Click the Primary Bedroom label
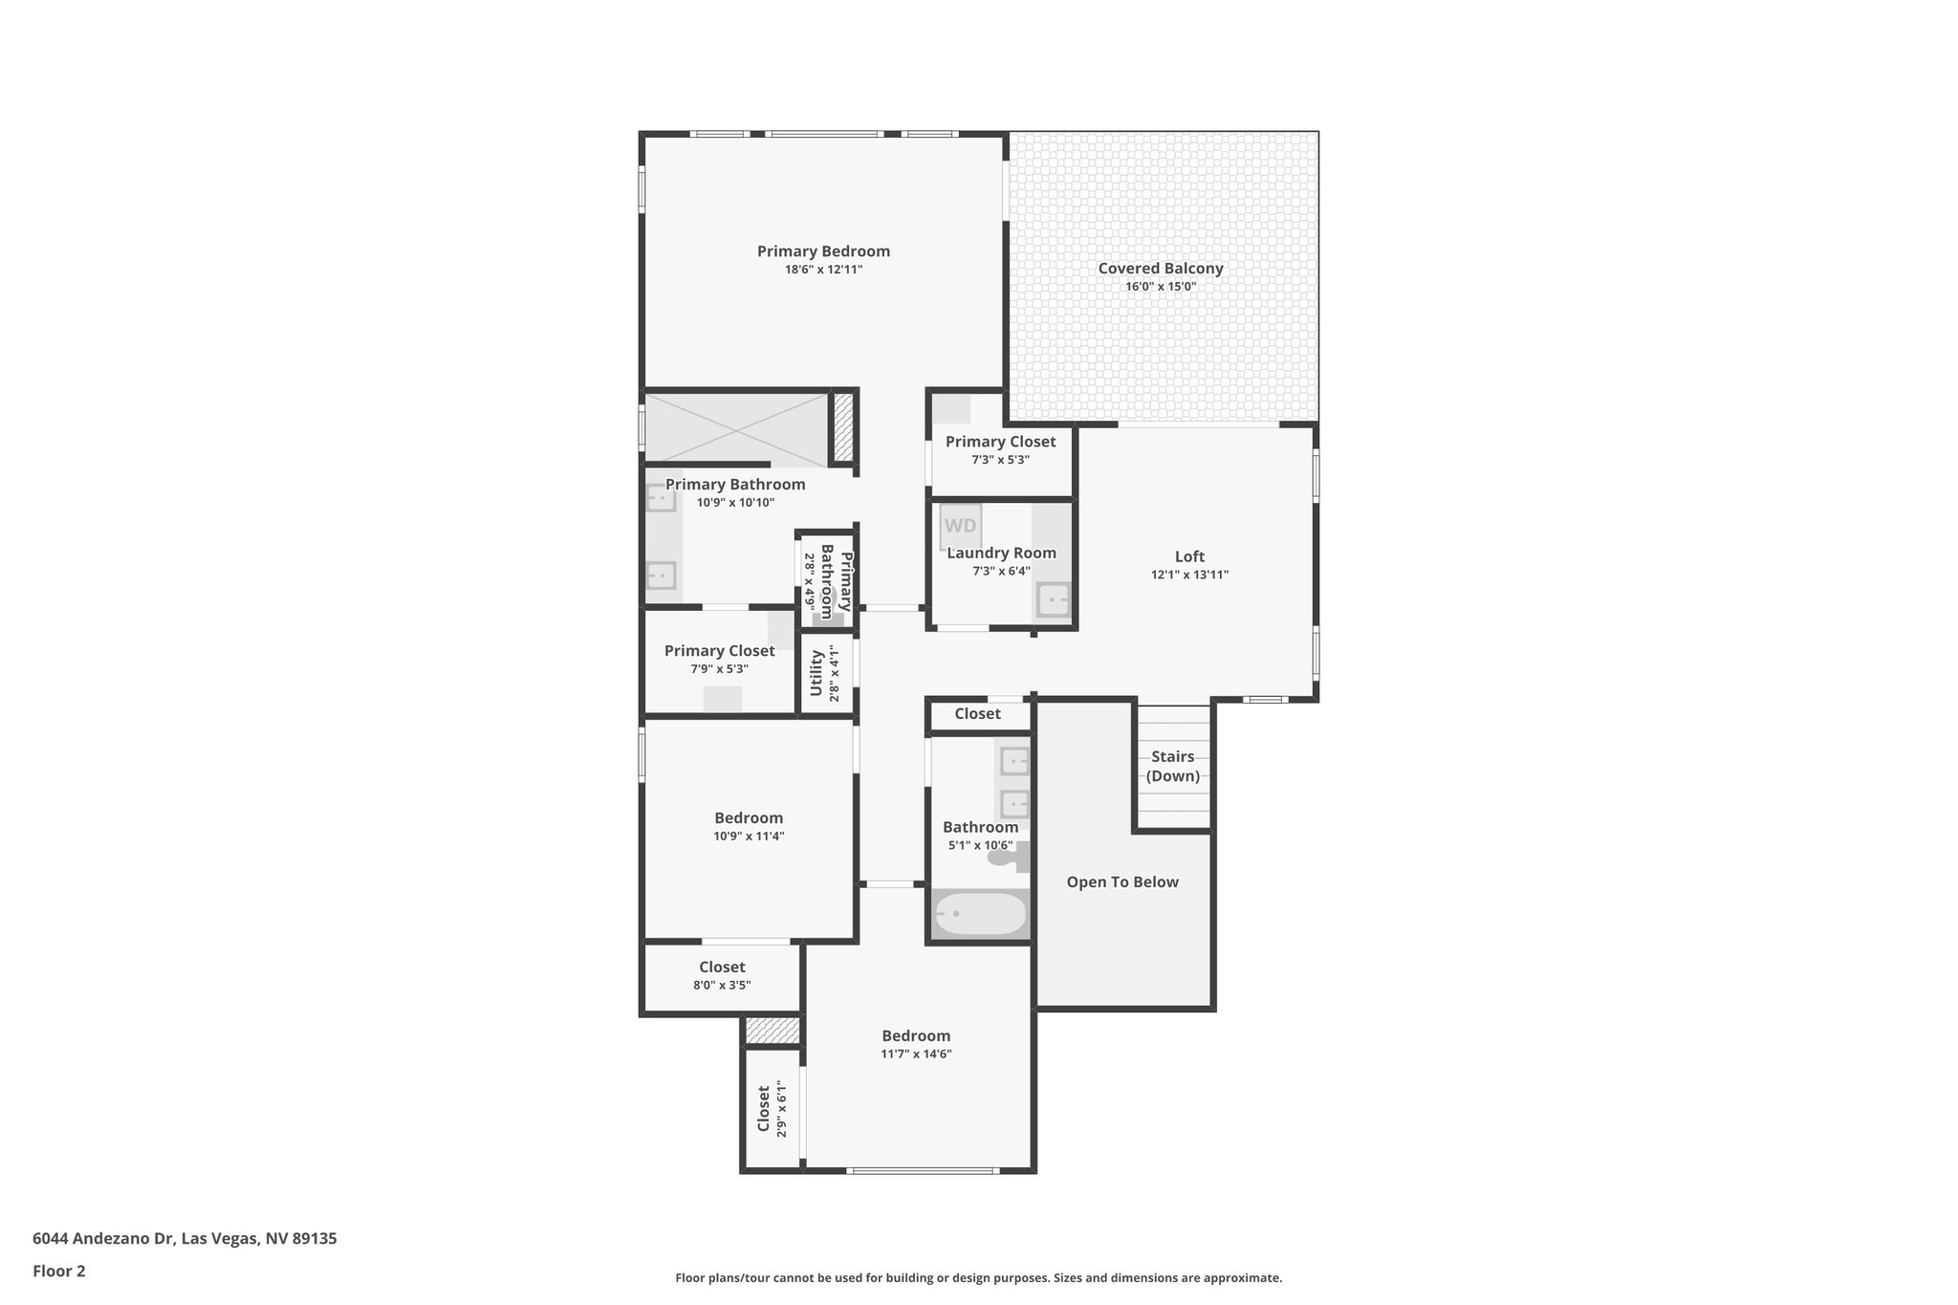pos(823,251)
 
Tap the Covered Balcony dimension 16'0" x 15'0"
pos(1160,287)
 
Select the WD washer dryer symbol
pos(960,526)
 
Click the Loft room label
pos(1189,556)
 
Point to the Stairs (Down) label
pos(1172,766)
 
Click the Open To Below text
pos(1122,881)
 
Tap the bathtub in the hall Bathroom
pos(979,915)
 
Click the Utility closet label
pos(816,673)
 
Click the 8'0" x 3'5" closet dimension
pos(722,985)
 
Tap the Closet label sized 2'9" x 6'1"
pos(764,1108)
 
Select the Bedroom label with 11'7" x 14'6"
pos(916,1035)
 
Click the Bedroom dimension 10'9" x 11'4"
pos(749,836)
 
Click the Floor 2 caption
pos(59,1271)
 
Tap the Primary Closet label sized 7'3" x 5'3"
pos(1000,441)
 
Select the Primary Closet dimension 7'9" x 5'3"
pos(719,669)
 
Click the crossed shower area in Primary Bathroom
pos(735,428)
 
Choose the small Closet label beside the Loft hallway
pos(977,713)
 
